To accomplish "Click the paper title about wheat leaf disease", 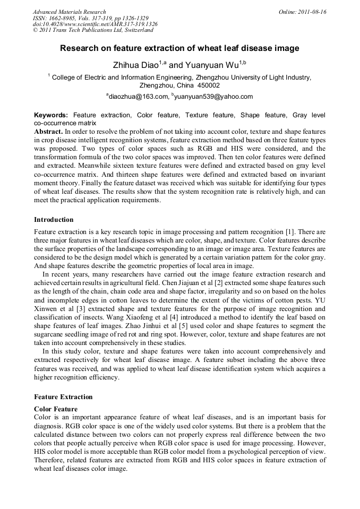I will coord(179,48).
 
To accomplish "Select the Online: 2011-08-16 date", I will coord(302,12).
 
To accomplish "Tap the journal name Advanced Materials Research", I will coord(70,12).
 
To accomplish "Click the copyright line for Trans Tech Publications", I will coord(93,30).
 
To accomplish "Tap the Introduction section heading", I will coord(54,220).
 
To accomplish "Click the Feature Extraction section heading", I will coord(63,397).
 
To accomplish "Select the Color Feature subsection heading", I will coord(56,409).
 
